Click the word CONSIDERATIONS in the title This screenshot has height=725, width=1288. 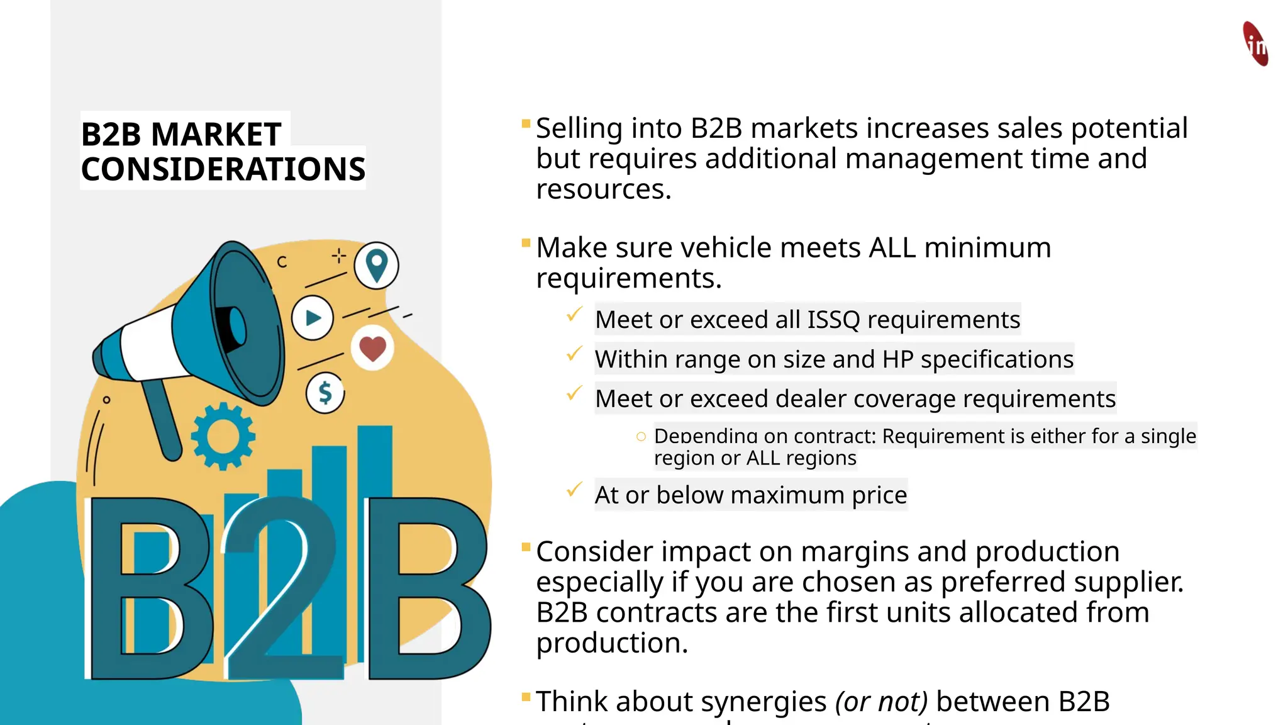coord(223,169)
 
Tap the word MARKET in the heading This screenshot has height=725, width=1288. coord(216,134)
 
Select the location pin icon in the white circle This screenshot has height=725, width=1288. coord(376,265)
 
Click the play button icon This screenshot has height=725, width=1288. coord(313,318)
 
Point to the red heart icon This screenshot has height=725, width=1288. coord(372,348)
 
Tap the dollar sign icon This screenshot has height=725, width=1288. coord(325,393)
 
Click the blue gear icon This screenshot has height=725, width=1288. coord(223,436)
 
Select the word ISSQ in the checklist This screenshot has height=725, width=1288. coord(833,320)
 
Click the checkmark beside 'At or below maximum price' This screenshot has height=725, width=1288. coord(574,490)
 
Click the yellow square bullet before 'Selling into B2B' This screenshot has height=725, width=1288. coord(526,123)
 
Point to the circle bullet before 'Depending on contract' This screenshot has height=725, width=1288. coord(641,436)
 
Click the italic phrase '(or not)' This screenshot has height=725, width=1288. coord(881,701)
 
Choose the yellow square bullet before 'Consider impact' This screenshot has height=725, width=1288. coord(526,547)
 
